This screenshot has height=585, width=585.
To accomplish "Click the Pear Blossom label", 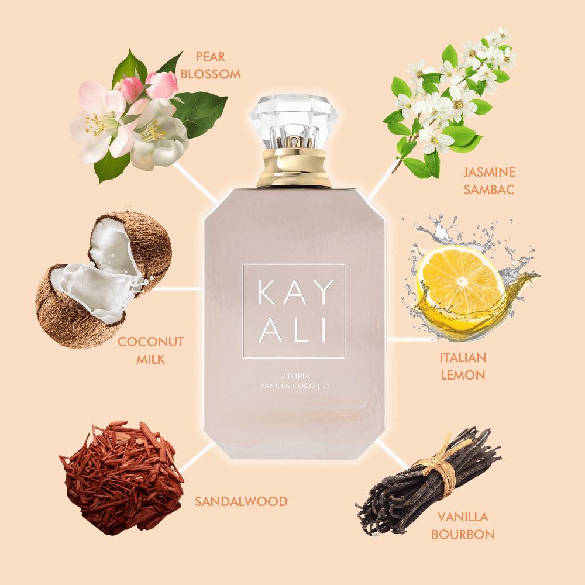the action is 211,66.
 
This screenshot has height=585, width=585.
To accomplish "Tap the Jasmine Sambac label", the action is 489,181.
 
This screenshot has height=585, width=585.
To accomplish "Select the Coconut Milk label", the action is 151,350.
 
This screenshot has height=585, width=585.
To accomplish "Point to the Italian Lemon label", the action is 463,366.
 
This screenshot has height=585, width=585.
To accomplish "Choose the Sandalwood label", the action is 241,501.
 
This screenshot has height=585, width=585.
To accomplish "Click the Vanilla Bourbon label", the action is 463,525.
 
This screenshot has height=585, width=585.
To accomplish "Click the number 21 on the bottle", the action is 324,386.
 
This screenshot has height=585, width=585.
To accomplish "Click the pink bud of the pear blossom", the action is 161,85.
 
